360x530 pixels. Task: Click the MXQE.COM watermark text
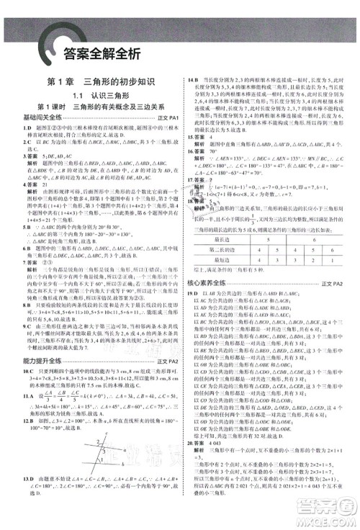332,523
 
